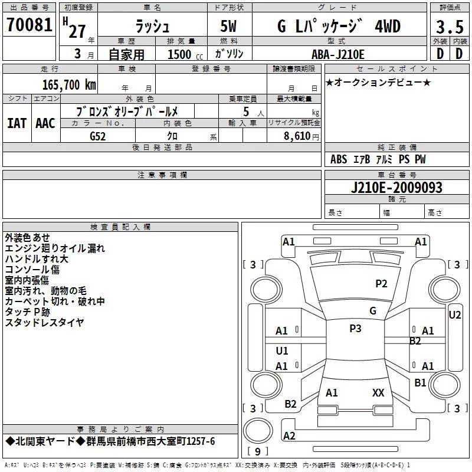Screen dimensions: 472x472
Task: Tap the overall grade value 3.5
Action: pos(449,28)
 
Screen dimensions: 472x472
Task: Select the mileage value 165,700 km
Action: pos(70,84)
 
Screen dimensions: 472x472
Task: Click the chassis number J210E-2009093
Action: pos(396,188)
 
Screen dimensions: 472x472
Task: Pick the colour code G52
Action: pos(99,136)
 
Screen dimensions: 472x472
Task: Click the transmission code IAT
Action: pos(17,123)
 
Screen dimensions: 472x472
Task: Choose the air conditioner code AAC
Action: pos(45,123)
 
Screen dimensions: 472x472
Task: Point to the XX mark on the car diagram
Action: pos(378,392)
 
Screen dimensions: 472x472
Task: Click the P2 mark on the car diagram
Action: pos(381,284)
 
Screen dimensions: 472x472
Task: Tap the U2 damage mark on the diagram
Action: pos(454,315)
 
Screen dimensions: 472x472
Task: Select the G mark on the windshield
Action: pos(372,311)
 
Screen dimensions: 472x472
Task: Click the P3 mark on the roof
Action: pos(355,329)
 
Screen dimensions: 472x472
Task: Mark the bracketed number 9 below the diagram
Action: pos(257,452)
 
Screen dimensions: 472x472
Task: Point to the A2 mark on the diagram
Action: pos(289,435)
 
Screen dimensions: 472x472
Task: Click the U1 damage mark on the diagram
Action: pos(282,350)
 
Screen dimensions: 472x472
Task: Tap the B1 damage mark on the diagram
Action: pos(420,382)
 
